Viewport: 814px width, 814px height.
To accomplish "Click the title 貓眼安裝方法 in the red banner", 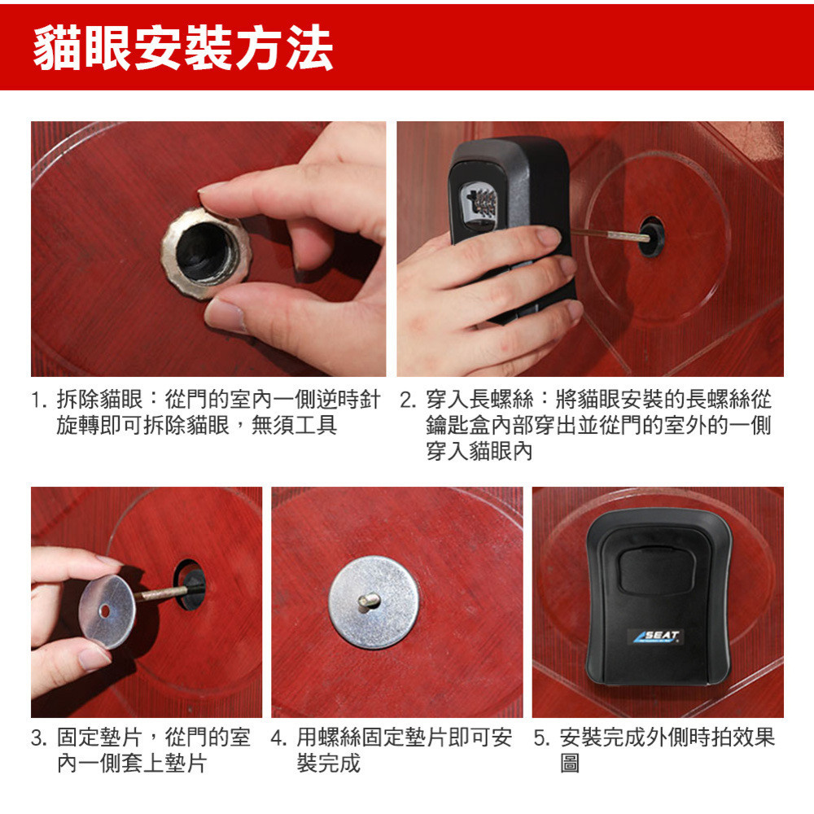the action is (x=182, y=48).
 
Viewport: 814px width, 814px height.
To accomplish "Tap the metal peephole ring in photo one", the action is (x=206, y=253).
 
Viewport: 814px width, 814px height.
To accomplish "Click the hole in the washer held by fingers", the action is (x=105, y=611).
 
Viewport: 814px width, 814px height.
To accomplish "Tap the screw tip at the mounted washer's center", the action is (x=369, y=602).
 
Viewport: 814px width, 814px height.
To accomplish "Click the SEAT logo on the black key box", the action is (x=657, y=637).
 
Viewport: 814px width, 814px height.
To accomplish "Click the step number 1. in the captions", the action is (x=40, y=400).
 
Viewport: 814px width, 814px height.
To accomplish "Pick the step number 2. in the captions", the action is (x=409, y=400).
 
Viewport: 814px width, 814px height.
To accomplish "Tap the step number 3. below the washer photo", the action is (x=40, y=737).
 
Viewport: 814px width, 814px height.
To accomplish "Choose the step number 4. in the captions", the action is (x=278, y=737).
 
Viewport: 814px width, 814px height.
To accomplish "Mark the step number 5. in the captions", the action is (x=542, y=737).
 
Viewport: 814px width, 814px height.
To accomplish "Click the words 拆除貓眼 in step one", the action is (x=99, y=400).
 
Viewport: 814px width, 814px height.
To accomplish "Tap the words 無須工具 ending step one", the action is (x=295, y=426).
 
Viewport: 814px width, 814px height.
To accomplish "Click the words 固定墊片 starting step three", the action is (x=99, y=737).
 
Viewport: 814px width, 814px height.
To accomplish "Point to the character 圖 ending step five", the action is (x=570, y=764).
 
